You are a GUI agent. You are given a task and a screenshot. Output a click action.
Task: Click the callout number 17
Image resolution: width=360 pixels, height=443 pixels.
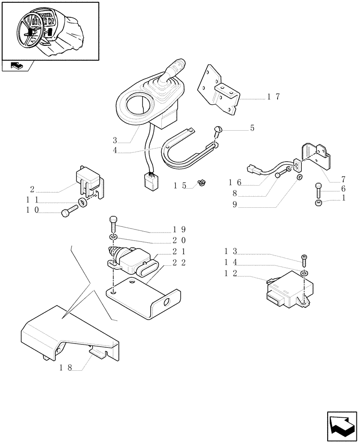click(274, 97)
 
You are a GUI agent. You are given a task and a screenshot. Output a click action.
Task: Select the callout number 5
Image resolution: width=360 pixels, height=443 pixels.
click(252, 128)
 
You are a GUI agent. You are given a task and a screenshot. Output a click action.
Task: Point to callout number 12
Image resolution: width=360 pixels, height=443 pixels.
click(231, 274)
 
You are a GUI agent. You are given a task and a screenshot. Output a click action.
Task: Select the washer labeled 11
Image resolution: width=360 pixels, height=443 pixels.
click(82, 204)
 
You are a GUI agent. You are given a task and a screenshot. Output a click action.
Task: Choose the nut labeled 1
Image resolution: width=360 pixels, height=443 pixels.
click(318, 203)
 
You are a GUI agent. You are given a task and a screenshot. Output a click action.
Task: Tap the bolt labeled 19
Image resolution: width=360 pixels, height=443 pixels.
click(113, 224)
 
